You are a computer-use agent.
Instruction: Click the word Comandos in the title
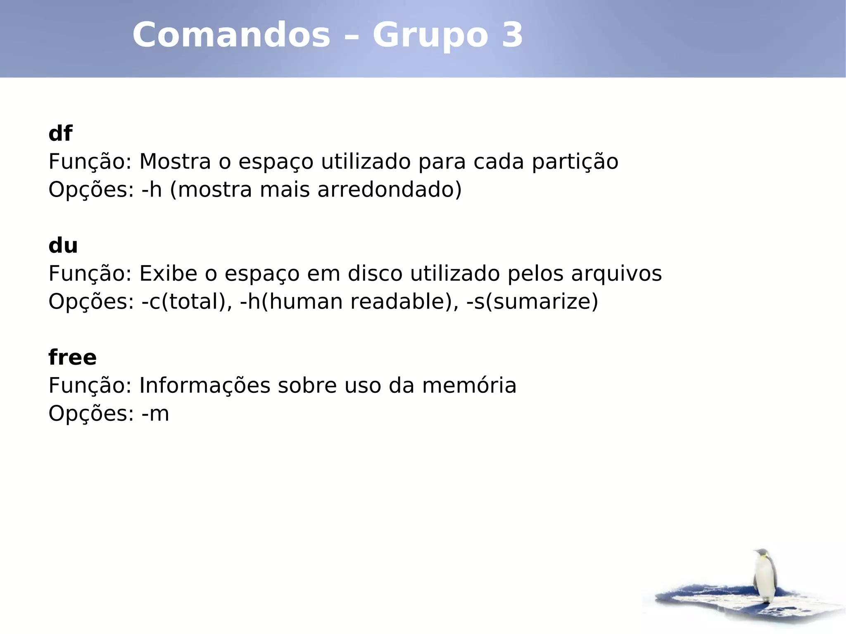point(231,35)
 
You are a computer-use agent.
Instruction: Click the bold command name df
point(60,133)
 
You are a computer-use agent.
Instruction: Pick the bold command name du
point(63,246)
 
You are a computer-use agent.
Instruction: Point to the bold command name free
point(72,357)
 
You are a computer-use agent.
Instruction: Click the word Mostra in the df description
point(175,161)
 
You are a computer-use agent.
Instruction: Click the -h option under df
point(151,190)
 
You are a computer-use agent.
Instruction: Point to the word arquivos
point(616,274)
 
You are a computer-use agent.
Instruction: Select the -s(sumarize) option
point(532,302)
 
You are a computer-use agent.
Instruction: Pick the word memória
point(469,386)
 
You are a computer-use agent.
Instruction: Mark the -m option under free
point(155,414)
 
